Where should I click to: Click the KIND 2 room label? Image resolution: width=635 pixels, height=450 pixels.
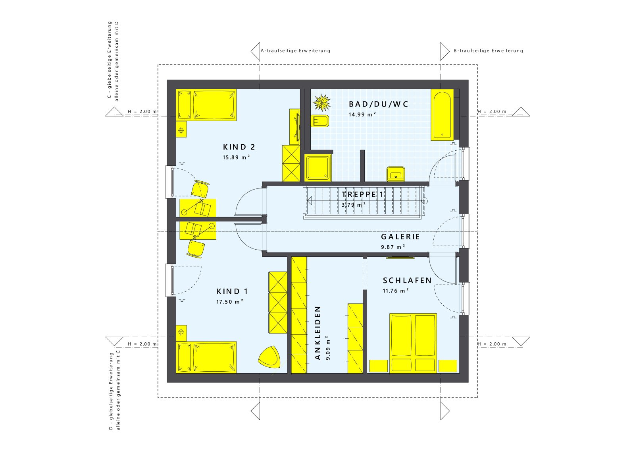(239, 147)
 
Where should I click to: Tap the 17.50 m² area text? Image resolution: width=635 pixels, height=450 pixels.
(229, 302)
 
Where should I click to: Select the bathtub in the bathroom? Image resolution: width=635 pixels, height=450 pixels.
(442, 115)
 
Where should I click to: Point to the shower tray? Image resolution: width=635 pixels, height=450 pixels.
(318, 167)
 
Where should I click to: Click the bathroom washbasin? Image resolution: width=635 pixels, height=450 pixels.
(396, 174)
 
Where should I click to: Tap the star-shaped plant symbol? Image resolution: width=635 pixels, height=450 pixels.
(321, 103)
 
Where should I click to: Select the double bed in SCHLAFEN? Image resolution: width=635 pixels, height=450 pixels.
(413, 343)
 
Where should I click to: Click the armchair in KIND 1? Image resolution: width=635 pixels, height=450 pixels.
(269, 357)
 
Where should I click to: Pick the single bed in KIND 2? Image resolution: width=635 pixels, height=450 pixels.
(206, 105)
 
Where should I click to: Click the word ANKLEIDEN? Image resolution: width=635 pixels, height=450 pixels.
(317, 333)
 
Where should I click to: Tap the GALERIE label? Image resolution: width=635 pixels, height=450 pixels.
(400, 237)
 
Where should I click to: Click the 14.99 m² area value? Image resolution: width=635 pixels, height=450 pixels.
(362, 114)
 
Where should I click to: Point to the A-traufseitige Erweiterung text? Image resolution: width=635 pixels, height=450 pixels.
(295, 51)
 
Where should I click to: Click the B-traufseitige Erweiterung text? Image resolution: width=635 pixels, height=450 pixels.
(488, 51)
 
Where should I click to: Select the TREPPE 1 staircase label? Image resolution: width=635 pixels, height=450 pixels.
(363, 194)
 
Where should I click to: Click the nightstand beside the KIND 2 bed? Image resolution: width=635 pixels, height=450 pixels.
(181, 130)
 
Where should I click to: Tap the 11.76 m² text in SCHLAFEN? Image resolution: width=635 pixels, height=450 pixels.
(396, 291)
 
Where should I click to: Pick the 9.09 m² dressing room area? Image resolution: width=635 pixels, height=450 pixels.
(328, 348)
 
